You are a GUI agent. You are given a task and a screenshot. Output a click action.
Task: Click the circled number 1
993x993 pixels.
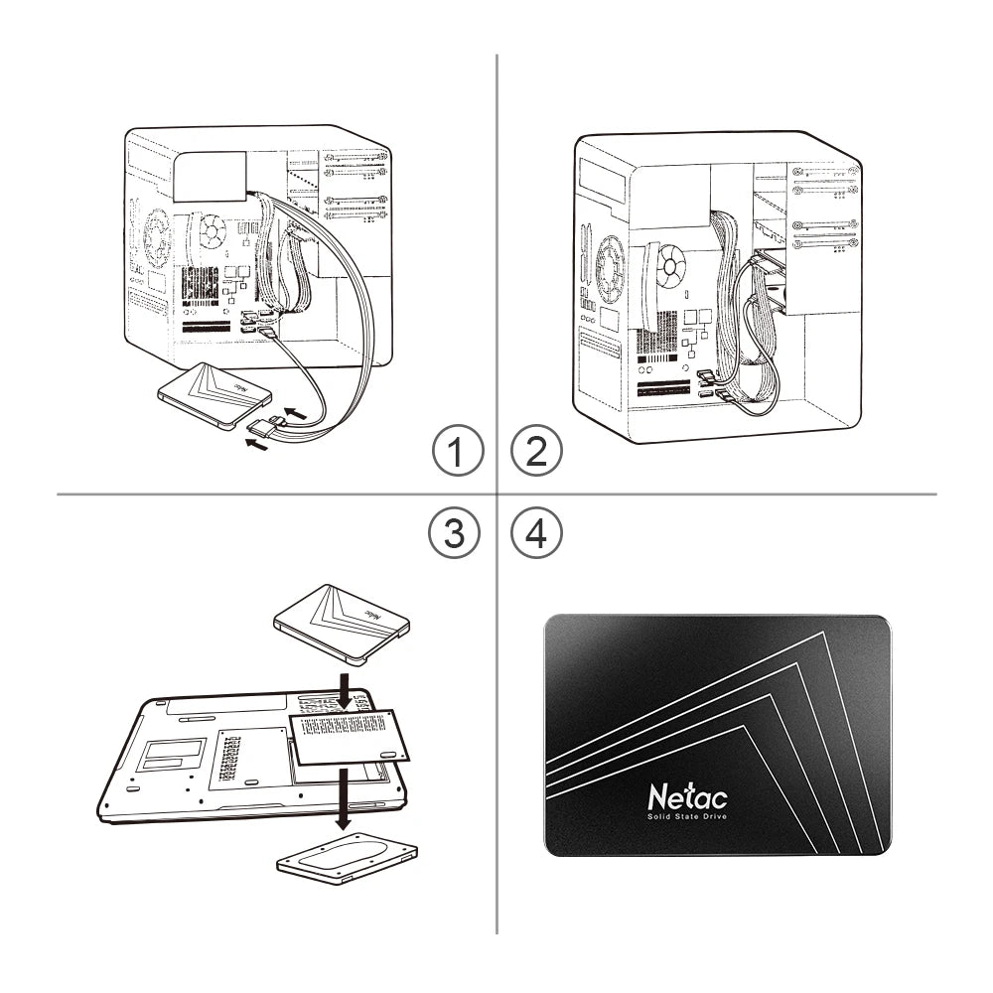pyautogui.click(x=457, y=454)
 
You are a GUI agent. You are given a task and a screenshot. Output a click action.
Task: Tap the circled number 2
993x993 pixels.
pyautogui.click(x=535, y=454)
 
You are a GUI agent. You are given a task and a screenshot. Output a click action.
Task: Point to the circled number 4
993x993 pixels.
pyautogui.click(x=535, y=534)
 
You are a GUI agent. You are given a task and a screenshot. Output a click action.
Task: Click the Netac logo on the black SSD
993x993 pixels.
pyautogui.click(x=687, y=796)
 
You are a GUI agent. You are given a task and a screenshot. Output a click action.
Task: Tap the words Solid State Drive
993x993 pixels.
pyautogui.click(x=687, y=816)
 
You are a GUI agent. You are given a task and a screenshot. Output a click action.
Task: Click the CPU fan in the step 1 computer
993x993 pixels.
pyautogui.click(x=212, y=232)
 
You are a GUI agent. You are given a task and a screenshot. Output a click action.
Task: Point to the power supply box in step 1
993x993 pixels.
pyautogui.click(x=211, y=175)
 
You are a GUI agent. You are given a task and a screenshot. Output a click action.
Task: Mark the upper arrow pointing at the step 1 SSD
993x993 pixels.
pyautogui.click(x=296, y=409)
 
